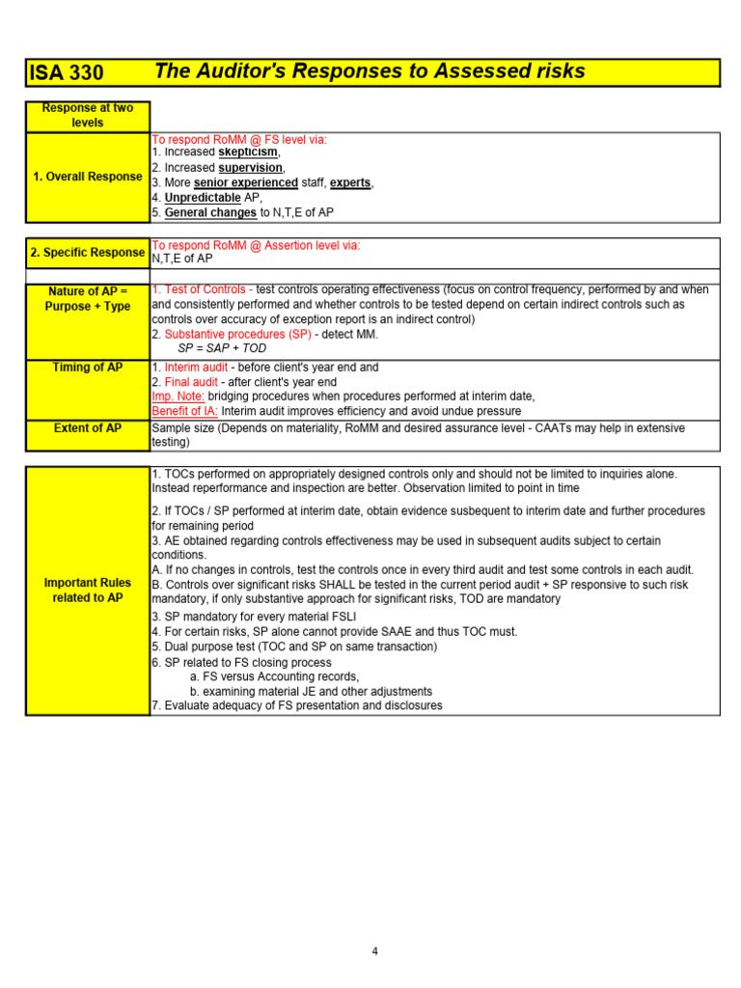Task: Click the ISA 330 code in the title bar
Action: pos(67,73)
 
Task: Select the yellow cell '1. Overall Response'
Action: pos(87,177)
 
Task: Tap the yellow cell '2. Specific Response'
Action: pos(87,253)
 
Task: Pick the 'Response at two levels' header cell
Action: pos(87,116)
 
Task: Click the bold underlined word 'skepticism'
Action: pos(248,152)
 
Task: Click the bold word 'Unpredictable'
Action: pos(202,198)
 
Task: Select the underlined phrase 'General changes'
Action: pos(210,212)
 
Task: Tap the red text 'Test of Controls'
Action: pos(205,289)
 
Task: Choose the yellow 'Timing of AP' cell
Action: pos(87,368)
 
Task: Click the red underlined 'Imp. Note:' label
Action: pos(178,397)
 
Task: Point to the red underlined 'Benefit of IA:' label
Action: pos(184,411)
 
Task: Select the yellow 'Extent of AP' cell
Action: pos(87,428)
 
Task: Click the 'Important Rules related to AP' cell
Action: pos(87,590)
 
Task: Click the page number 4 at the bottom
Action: pos(375,951)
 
